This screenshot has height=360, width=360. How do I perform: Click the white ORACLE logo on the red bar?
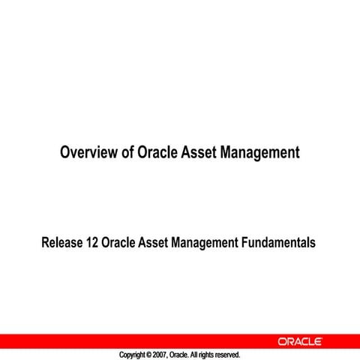click(300, 341)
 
